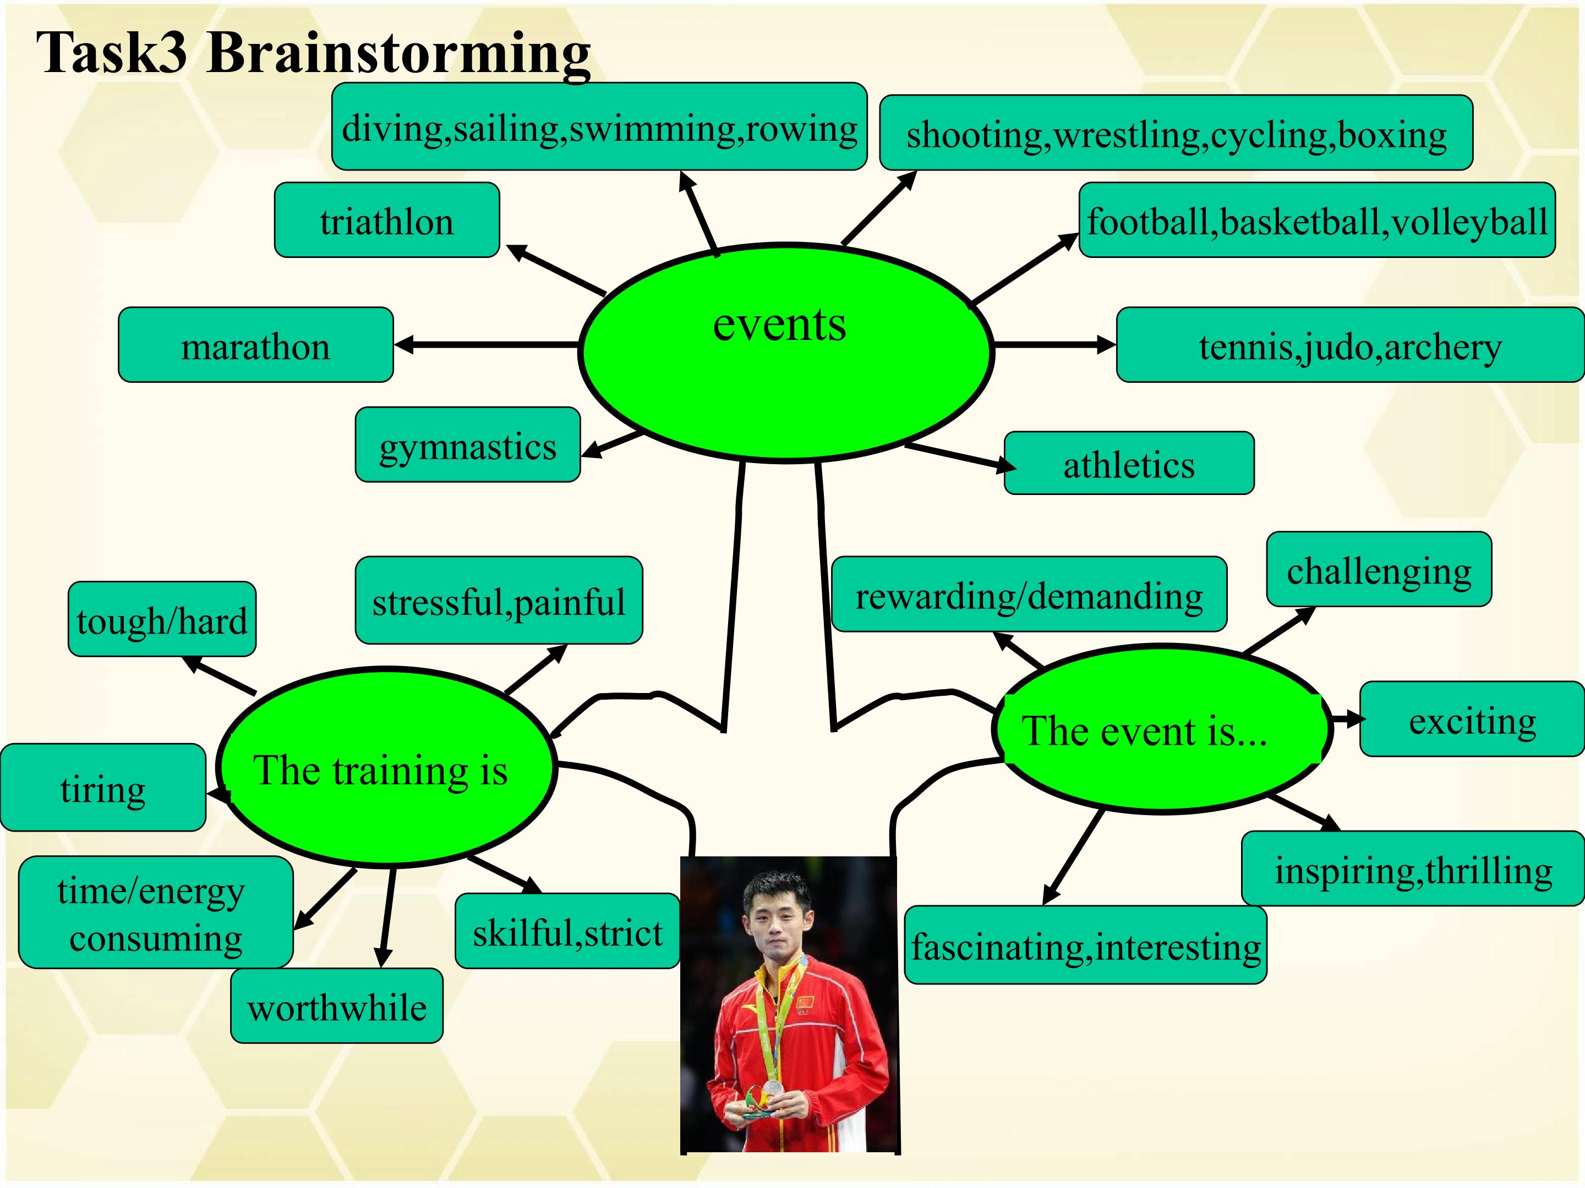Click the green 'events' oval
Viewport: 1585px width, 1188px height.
[785, 353]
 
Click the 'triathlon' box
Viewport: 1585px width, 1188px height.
[387, 220]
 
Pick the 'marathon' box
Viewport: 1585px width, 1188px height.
[256, 344]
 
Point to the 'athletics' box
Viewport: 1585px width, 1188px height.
[1129, 463]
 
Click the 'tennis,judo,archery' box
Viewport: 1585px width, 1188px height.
[1350, 344]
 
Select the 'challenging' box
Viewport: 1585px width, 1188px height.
[1379, 569]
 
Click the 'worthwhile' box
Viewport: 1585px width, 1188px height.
[337, 1005]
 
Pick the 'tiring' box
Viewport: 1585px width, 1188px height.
[103, 787]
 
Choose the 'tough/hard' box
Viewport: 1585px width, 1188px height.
[162, 619]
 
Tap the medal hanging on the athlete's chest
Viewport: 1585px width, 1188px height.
[772, 1087]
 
